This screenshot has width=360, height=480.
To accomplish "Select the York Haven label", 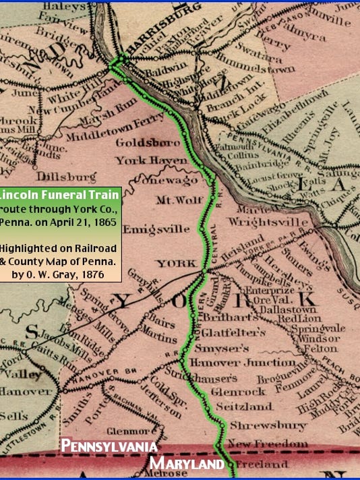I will pos(142,160).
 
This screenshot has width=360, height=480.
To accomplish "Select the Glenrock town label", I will pos(234,390).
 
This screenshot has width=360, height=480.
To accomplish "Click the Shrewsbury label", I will pos(259,426).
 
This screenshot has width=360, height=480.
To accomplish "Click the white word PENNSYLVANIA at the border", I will pos(109,447).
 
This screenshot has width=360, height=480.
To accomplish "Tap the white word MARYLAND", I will pos(187,464).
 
